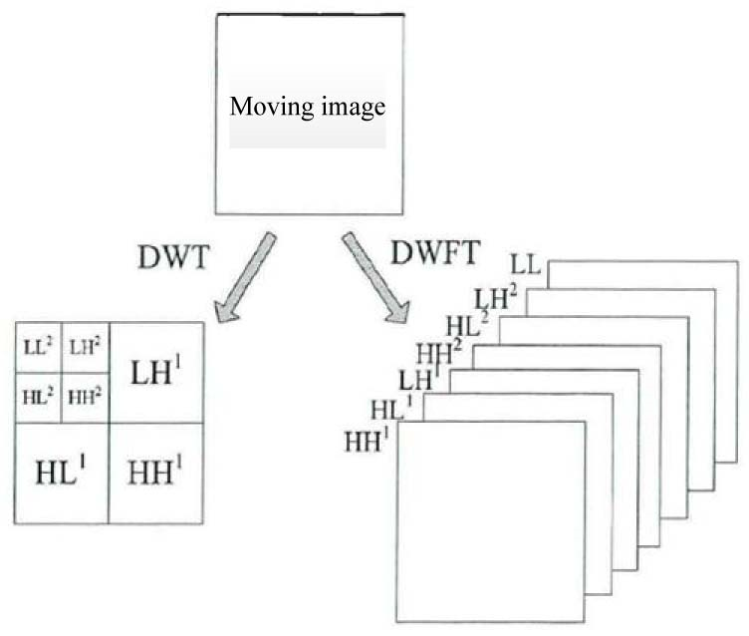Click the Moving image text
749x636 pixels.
pyautogui.click(x=308, y=108)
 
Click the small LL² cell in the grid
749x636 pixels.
pyautogui.click(x=38, y=348)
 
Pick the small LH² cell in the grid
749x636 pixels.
pyautogui.click(x=85, y=348)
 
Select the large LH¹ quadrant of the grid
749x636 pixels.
pyautogui.click(x=156, y=373)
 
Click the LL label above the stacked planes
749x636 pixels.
pyautogui.click(x=525, y=264)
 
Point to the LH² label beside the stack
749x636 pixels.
pyautogui.click(x=495, y=296)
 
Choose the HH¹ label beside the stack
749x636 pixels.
pyautogui.click(x=366, y=439)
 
